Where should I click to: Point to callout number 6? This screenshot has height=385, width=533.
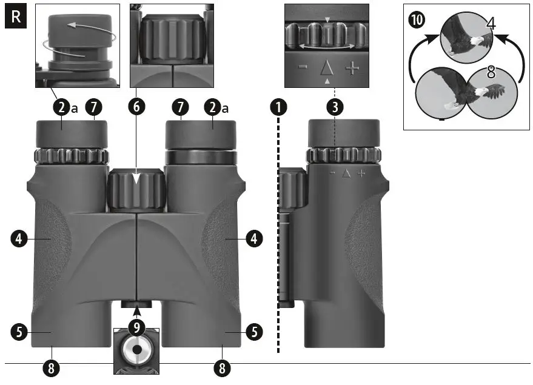[x=136, y=108]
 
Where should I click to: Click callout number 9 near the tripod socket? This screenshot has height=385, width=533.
[x=137, y=329]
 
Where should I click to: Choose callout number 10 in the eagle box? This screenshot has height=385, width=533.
[x=417, y=20]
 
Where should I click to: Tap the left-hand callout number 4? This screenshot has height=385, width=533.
[x=19, y=239]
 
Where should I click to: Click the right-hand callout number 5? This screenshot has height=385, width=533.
[x=253, y=332]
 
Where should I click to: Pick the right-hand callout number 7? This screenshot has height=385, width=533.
[x=179, y=108]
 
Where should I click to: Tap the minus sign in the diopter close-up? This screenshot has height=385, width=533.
[x=303, y=67]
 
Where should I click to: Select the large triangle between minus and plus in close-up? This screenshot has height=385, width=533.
[x=327, y=67]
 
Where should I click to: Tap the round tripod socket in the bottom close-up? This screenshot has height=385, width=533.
[x=136, y=350]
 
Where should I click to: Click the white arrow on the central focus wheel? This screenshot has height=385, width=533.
[x=137, y=179]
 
